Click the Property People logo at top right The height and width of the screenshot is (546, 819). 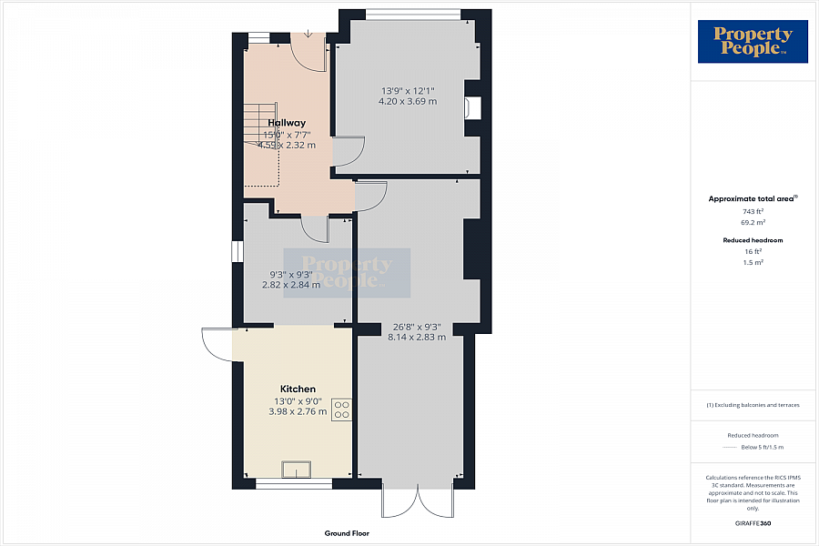[753, 42]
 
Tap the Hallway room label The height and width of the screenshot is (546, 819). [287, 123]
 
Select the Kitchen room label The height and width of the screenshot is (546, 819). [298, 389]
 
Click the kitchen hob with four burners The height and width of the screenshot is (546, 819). [342, 409]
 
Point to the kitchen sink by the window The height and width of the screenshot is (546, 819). [297, 470]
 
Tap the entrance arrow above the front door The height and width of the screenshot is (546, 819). [308, 34]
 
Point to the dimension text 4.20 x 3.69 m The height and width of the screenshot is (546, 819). [407, 102]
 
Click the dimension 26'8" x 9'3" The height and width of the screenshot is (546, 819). [419, 326]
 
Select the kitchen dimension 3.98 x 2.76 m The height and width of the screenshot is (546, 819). [298, 411]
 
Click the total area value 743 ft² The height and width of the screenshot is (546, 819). [753, 211]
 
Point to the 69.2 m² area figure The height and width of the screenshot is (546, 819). [753, 221]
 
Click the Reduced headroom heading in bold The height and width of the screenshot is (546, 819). [753, 240]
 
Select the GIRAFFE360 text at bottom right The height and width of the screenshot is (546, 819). [753, 523]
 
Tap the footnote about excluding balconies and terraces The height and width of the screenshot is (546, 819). [753, 405]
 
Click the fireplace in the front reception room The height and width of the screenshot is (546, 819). [470, 107]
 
